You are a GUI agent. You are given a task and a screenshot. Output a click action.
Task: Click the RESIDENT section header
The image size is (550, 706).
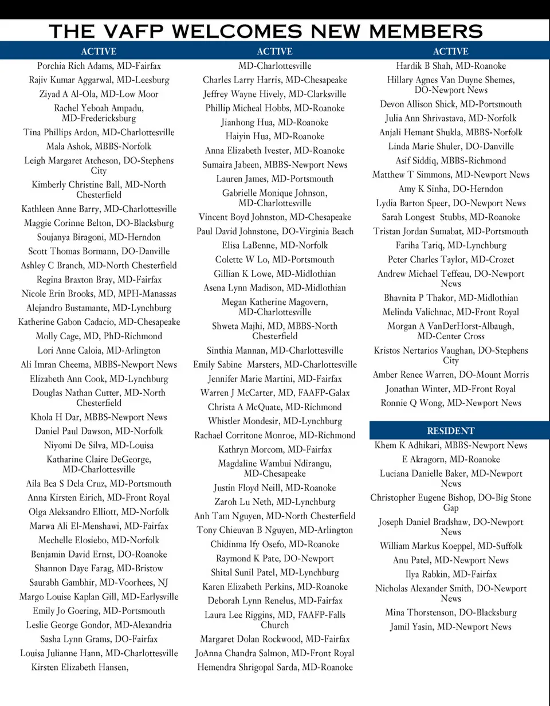[x=450, y=431]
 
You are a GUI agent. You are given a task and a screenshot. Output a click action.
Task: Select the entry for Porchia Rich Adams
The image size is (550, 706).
[x=99, y=66]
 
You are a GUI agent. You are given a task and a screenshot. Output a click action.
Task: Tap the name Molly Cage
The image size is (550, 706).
[x=99, y=336]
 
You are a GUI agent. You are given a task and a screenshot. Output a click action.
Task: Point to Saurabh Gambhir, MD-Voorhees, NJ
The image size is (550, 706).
[x=99, y=583]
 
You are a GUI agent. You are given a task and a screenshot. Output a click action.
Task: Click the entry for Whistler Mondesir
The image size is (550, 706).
[x=274, y=421]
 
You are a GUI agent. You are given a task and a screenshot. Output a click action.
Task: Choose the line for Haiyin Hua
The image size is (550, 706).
[x=274, y=136]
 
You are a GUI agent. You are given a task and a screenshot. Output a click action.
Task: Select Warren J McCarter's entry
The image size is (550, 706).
[x=274, y=393]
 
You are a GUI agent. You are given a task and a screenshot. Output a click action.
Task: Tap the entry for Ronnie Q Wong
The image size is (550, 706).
[x=450, y=403]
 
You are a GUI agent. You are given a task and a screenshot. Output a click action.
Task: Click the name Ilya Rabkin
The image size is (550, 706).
[x=450, y=574]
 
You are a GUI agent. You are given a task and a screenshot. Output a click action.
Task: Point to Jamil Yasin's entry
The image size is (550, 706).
[x=450, y=627]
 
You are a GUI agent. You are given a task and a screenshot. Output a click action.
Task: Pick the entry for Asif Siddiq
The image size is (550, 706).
[x=450, y=160]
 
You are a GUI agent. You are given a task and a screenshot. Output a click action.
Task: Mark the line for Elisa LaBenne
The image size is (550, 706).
[x=274, y=245]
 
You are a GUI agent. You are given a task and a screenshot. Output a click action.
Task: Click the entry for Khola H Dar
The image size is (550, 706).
[x=99, y=417]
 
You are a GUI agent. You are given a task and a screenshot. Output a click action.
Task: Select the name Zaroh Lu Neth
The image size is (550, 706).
[x=274, y=502]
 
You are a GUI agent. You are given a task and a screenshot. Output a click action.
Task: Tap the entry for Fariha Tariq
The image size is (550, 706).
[x=450, y=245]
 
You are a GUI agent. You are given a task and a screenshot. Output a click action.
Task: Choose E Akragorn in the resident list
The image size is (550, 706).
[x=450, y=460]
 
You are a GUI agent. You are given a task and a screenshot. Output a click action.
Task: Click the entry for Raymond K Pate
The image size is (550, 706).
[x=274, y=559]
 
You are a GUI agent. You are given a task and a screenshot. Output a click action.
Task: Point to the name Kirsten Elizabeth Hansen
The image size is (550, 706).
[x=80, y=668]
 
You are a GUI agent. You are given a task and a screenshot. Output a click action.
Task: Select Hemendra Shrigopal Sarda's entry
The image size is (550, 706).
[x=274, y=668]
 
